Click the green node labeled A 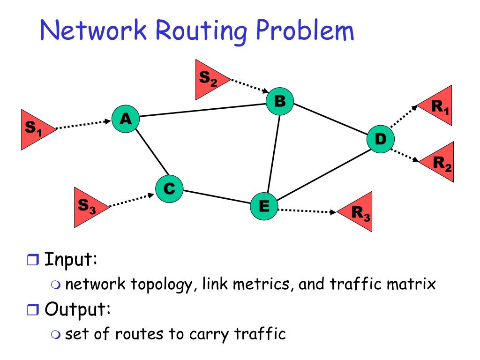pyautogui.click(x=126, y=120)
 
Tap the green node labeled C pyautogui.click(x=169, y=189)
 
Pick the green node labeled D pyautogui.click(x=380, y=139)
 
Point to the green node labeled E pyautogui.click(x=263, y=206)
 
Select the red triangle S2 pyautogui.click(x=209, y=80)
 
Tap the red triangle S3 pyautogui.click(x=88, y=206)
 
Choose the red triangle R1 pyautogui.click(x=439, y=107)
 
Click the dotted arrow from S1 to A pyautogui.click(x=84, y=125)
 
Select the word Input pyautogui.click(x=71, y=259)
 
